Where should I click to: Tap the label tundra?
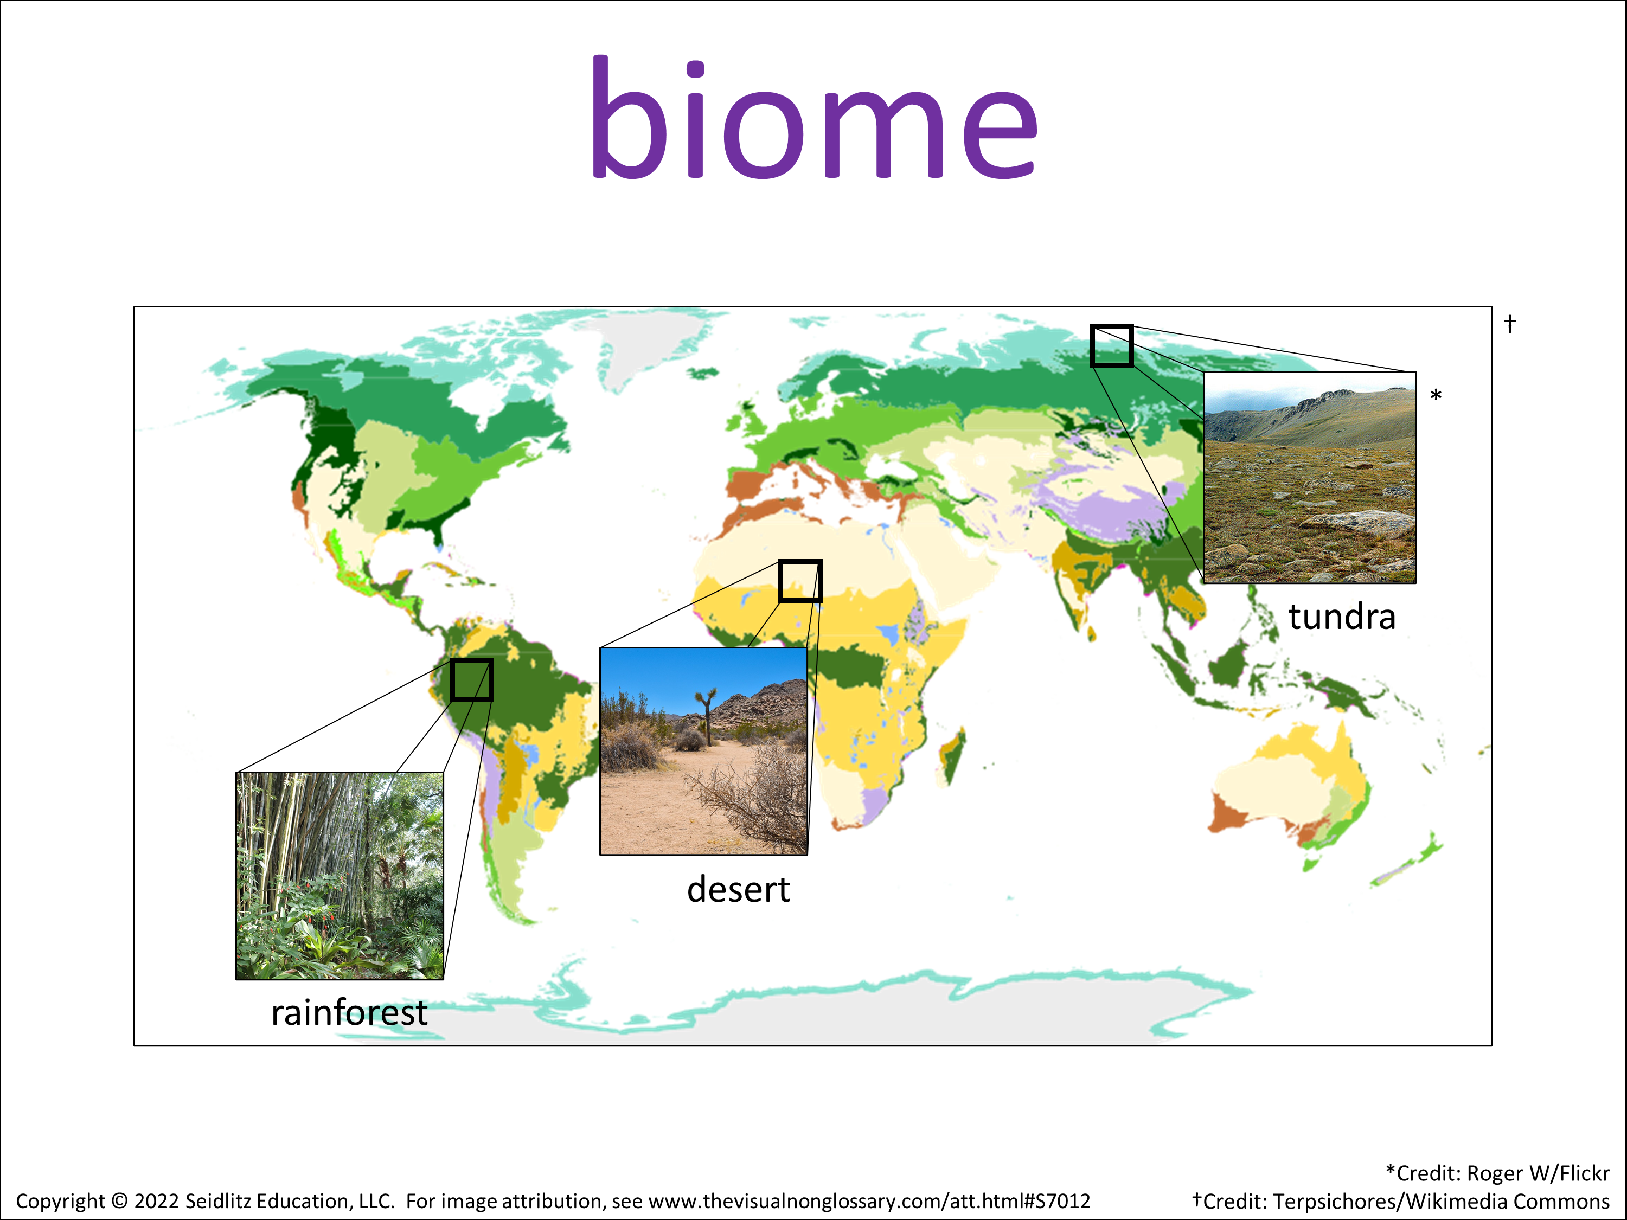coord(1342,617)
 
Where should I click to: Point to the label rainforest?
coord(349,1013)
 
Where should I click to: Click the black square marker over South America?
coord(471,680)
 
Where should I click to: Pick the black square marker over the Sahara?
coord(800,581)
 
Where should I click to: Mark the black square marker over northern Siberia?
coord(1111,345)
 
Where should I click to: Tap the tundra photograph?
coord(1309,477)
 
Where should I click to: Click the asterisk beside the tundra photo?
coord(1436,396)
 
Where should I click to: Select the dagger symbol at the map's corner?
coord(1509,324)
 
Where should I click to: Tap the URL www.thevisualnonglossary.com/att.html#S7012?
coord(869,1202)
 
